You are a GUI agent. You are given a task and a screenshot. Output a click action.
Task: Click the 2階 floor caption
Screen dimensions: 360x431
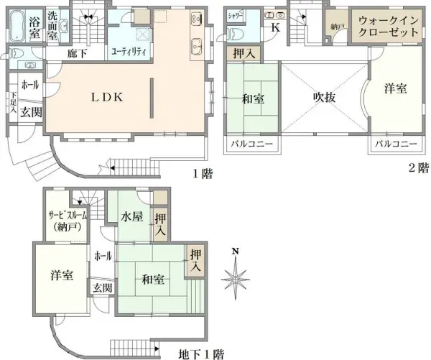pos(418,168)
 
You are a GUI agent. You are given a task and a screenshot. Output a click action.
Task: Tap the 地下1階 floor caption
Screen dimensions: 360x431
pos(202,354)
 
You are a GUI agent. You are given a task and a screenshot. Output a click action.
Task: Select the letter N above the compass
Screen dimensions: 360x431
pos(235,251)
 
